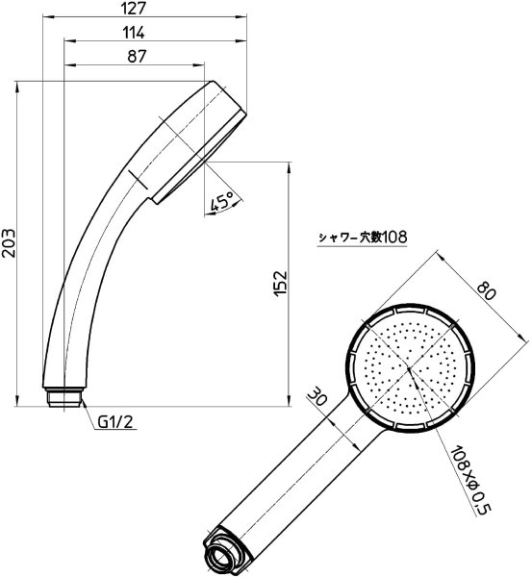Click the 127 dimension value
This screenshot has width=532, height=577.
(134, 8)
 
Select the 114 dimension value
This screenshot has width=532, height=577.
(134, 33)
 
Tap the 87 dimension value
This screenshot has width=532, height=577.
(137, 57)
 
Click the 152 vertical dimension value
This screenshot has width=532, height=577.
(281, 283)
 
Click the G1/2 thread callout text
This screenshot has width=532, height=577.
(115, 422)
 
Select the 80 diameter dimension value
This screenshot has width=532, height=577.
(487, 290)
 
